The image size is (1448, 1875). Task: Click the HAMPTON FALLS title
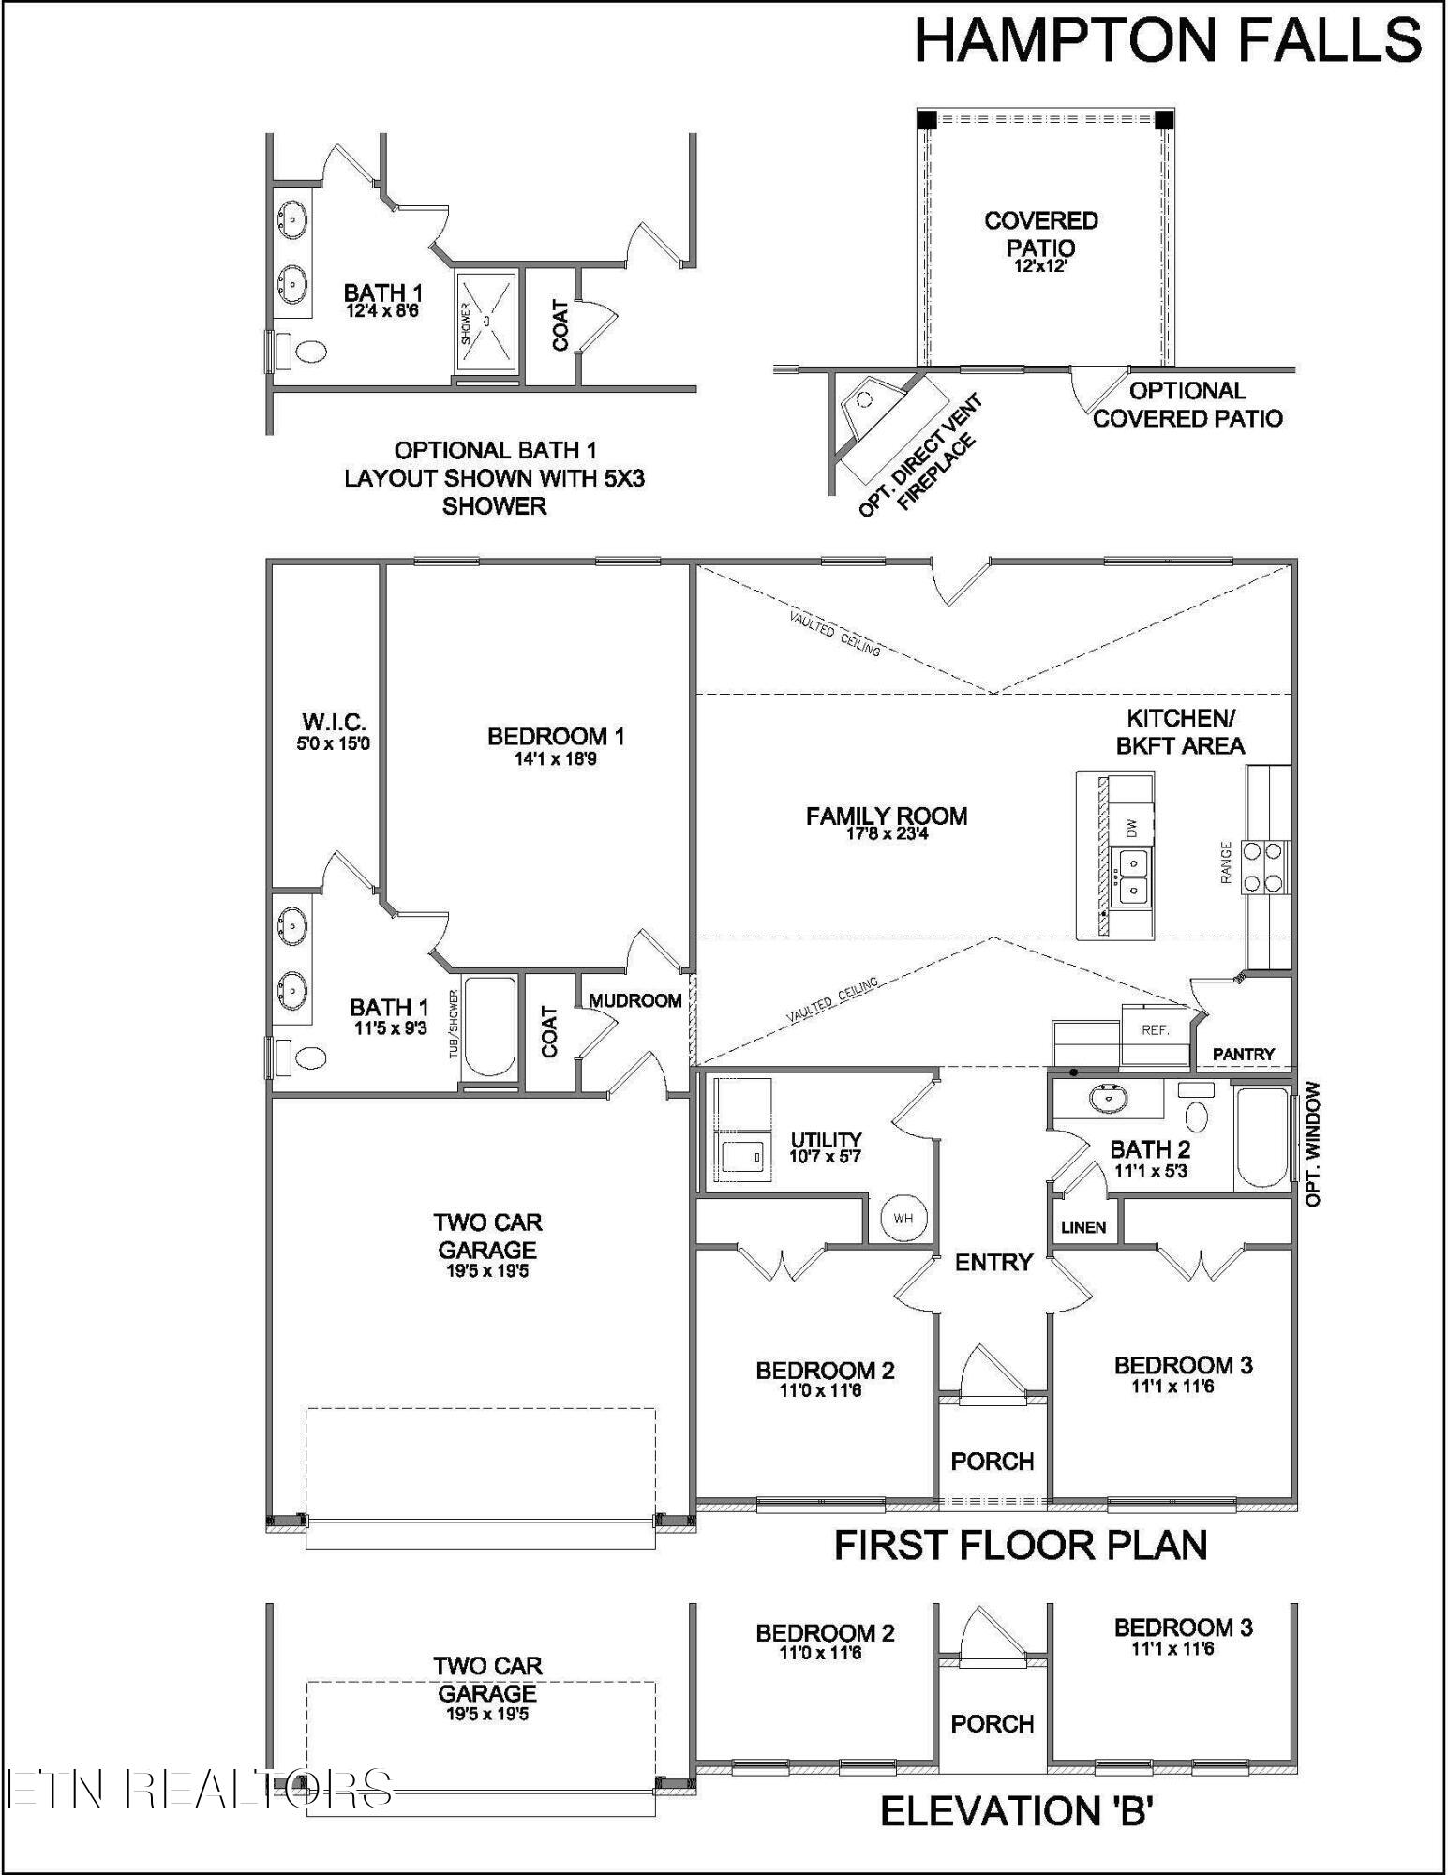click(1167, 42)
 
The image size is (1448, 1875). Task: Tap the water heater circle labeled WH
click(903, 1219)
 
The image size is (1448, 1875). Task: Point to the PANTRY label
click(1243, 1055)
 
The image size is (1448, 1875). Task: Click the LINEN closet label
click(1083, 1227)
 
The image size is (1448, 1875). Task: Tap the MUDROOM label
click(635, 1001)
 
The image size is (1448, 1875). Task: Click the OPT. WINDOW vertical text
click(1312, 1144)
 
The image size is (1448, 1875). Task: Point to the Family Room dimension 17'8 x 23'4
click(886, 833)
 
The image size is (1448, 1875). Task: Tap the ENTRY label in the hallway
click(993, 1263)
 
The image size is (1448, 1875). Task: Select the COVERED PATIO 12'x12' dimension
click(1040, 266)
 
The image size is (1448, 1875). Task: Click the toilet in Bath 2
click(1196, 1116)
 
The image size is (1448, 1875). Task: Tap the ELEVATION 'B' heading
click(1016, 1812)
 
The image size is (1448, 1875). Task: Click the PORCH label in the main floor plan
click(992, 1462)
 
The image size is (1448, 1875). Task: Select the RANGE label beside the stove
click(1226, 862)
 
